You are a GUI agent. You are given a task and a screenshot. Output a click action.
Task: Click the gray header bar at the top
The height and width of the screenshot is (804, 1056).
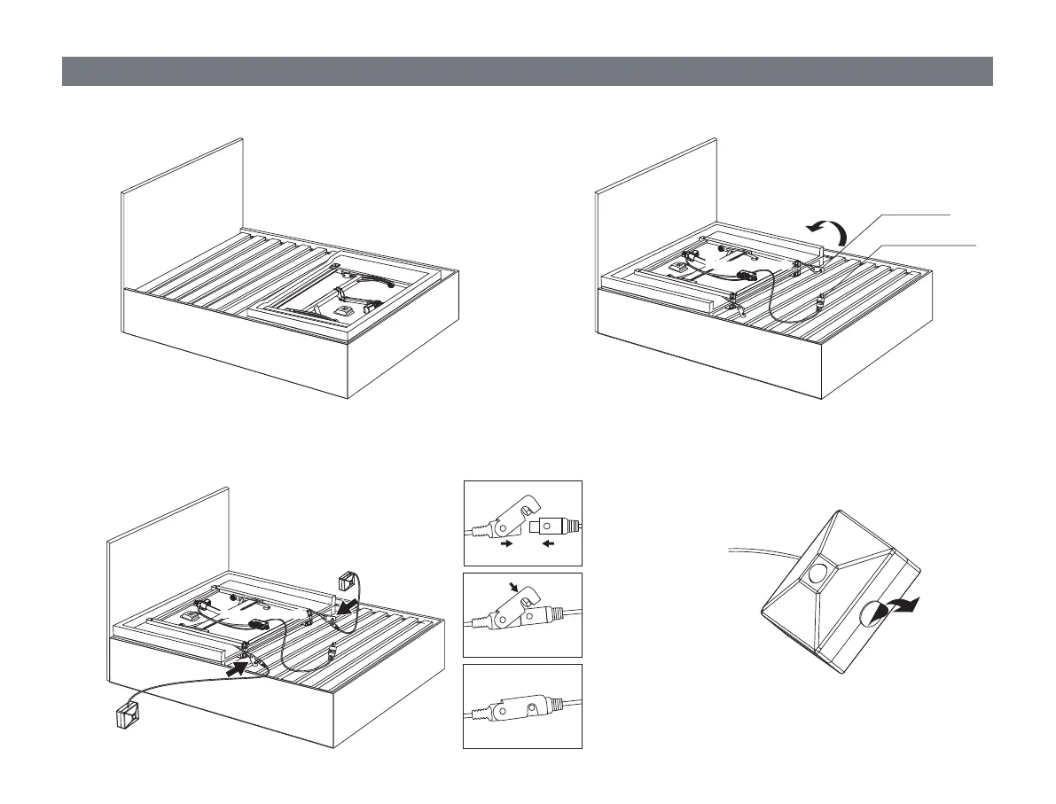pyautogui.click(x=527, y=71)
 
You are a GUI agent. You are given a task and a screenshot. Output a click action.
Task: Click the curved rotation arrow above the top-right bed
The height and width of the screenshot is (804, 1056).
pyautogui.click(x=828, y=233)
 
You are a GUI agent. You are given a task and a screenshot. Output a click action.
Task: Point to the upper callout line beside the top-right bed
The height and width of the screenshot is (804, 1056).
pyautogui.click(x=913, y=215)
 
